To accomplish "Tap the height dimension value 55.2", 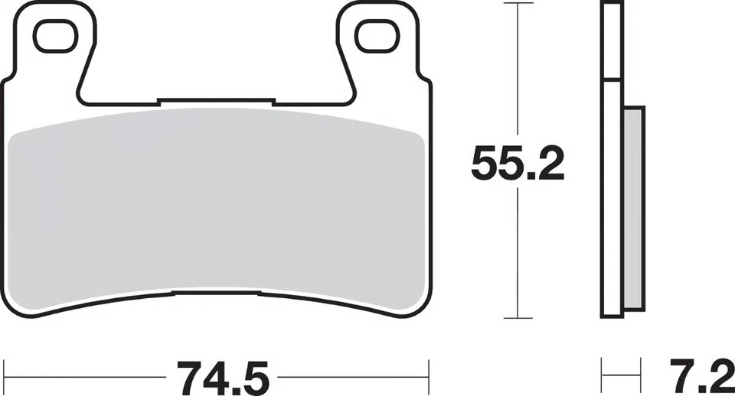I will tap(518, 162).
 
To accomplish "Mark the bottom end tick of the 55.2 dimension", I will tap(519, 318).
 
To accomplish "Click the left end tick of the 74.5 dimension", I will tap(4, 376).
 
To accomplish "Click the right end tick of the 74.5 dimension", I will tap(429, 376).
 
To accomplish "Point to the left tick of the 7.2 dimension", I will tap(602, 376).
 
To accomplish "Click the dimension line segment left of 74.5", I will tap(84, 376).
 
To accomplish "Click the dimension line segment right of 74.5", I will tap(352, 376).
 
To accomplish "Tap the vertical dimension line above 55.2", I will tap(519, 69).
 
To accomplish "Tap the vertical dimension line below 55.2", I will tap(519, 252).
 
